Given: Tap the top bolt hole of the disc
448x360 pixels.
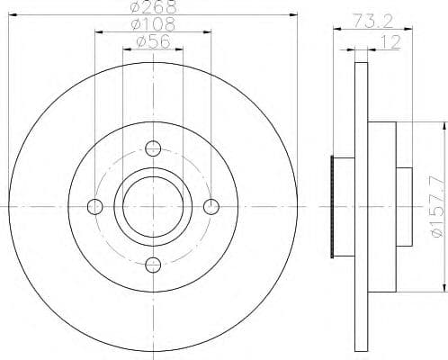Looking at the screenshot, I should [x=153, y=148].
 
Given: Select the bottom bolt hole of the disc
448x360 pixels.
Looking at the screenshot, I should [x=153, y=264].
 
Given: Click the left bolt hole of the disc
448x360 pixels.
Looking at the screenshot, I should [x=95, y=206].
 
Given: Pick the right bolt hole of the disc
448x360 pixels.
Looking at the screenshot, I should [x=211, y=206].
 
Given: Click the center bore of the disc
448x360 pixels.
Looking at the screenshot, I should [x=153, y=206].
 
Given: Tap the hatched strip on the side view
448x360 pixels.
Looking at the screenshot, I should [x=336, y=207].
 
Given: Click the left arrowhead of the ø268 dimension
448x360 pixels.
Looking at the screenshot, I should [x=13, y=15].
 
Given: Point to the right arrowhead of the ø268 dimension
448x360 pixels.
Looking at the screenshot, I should [x=292, y=15].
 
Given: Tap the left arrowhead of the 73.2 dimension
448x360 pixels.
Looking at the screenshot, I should [x=336, y=29].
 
